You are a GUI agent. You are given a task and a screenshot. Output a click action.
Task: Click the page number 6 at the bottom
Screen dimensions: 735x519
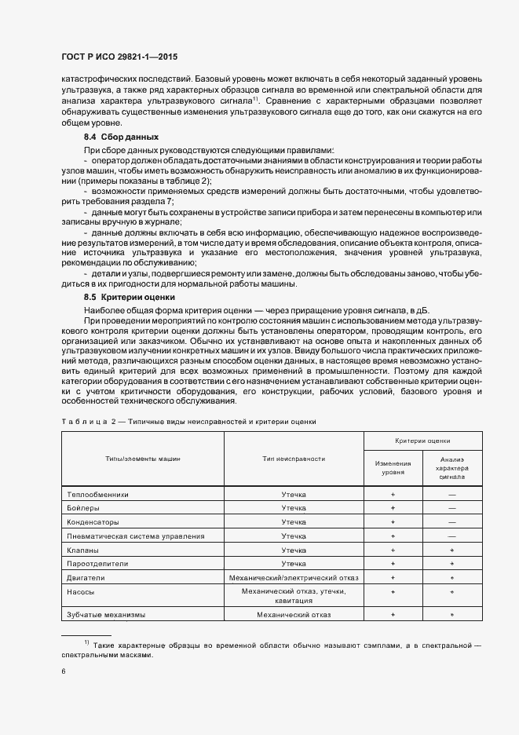[63, 671]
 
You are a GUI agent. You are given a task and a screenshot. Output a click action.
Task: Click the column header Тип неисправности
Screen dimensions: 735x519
[293, 459]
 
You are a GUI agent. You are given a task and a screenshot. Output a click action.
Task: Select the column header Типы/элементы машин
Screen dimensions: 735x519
[143, 459]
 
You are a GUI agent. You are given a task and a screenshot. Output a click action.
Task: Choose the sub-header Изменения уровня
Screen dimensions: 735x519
[392, 468]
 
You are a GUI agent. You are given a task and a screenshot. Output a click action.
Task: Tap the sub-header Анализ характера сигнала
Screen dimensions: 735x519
[452, 468]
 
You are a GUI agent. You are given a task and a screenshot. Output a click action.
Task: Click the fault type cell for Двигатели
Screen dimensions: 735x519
[293, 578]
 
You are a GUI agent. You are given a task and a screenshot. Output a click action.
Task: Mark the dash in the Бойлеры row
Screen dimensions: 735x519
[452, 509]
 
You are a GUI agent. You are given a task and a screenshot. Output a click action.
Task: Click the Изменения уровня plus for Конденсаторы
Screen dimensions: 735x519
[392, 522]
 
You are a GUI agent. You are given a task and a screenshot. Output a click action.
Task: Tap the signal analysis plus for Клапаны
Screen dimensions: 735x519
[452, 550]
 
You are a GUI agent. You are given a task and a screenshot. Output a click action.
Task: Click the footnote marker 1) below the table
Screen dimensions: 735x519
[86, 644]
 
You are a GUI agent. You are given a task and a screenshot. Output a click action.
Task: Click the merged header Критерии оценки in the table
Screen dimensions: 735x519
[422, 441]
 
